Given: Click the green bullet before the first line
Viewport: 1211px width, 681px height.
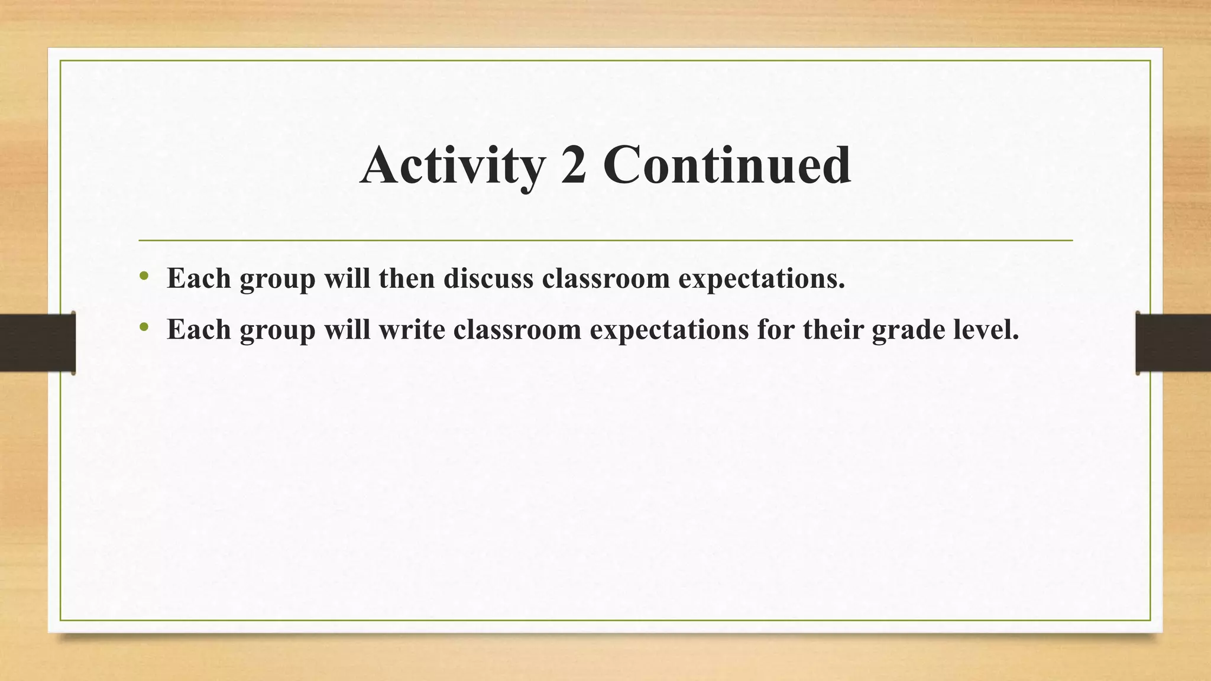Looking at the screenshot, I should [144, 276].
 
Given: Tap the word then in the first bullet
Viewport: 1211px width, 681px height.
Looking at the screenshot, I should [407, 278].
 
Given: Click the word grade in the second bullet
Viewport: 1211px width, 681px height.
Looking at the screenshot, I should [907, 330].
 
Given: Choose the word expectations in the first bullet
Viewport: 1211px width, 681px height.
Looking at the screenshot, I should [762, 279].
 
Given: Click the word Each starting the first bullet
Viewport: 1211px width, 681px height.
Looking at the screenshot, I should [199, 278].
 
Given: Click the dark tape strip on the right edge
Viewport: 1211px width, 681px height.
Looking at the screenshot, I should [1173, 343].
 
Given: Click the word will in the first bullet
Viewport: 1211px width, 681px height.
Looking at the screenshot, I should [347, 278].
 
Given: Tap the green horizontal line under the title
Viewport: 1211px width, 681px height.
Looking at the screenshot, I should [605, 241].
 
